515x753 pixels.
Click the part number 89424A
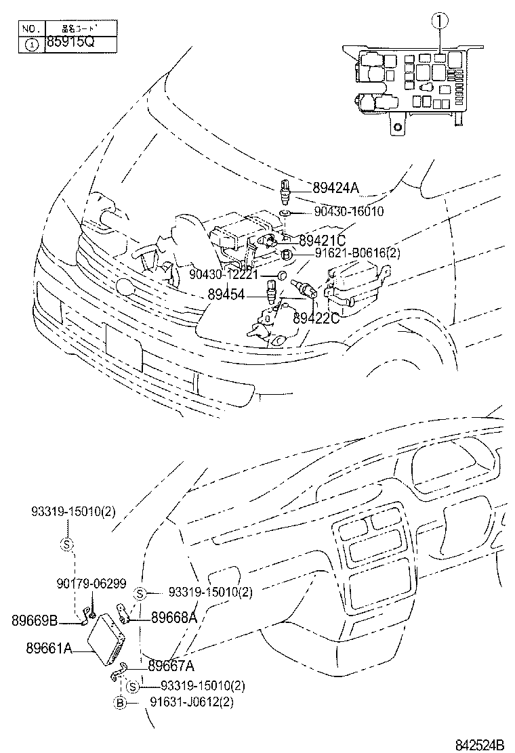(337, 188)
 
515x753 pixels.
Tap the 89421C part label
(322, 240)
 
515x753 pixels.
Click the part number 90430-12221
(224, 274)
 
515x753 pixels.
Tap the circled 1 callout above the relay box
(441, 22)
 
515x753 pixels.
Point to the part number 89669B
(35, 620)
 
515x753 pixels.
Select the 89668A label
(173, 618)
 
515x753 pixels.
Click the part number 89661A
(49, 648)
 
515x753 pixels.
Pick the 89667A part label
(171, 665)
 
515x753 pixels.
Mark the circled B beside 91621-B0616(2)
(286, 254)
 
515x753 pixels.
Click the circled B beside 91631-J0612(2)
(120, 703)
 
